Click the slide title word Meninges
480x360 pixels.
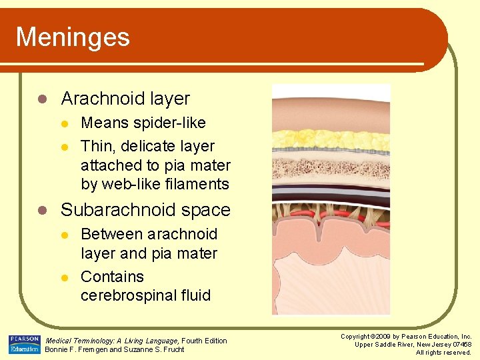[72, 37]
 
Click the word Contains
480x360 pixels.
[112, 277]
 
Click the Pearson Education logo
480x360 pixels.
[25, 345]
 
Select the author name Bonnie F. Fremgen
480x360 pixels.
[75, 350]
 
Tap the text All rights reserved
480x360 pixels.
[443, 352]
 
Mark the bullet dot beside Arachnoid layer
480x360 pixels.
[41, 99]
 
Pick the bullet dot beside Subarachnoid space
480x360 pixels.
[41, 210]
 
